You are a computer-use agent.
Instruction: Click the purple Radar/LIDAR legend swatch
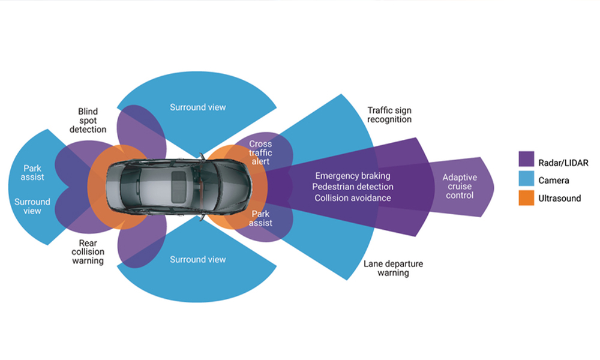[x=526, y=161]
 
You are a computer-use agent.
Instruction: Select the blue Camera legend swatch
[x=526, y=179]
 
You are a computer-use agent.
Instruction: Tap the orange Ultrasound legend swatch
[x=526, y=198]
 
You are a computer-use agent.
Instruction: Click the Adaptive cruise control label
[x=461, y=186]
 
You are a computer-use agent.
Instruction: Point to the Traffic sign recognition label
[x=389, y=115]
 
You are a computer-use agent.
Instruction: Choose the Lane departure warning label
[x=393, y=268]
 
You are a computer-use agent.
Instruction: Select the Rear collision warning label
[x=88, y=252]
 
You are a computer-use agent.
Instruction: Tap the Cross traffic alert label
[x=260, y=153]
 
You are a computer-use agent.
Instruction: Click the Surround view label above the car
[x=198, y=107]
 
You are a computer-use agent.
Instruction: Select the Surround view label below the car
[x=198, y=260]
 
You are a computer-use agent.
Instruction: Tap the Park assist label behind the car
[x=34, y=173]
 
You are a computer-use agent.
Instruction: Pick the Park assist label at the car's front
[x=261, y=218]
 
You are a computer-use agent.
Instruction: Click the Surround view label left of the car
[x=32, y=206]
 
